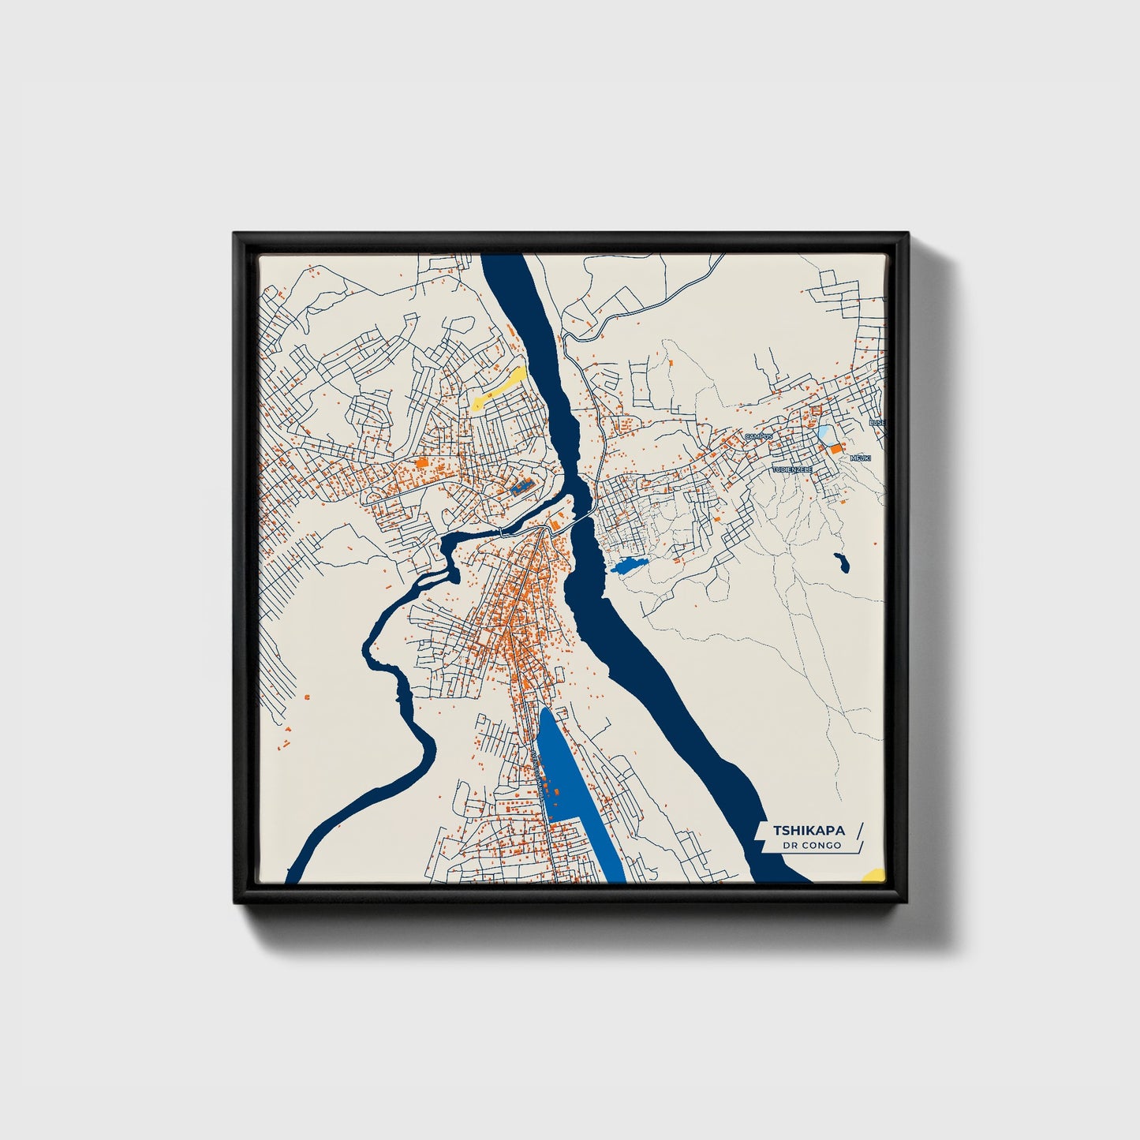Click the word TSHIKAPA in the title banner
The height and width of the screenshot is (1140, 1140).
tap(809, 830)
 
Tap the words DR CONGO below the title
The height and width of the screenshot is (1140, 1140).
tap(812, 846)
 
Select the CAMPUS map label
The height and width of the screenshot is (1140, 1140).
tap(760, 435)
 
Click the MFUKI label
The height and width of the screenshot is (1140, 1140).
tap(859, 458)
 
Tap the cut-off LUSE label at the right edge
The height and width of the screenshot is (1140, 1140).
tap(876, 423)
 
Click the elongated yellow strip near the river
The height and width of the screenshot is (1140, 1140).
tap(499, 387)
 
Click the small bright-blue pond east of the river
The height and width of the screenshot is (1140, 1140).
tap(629, 565)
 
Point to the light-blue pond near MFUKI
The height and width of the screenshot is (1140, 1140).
tap(824, 432)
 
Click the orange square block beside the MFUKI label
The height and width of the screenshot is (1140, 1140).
tap(835, 448)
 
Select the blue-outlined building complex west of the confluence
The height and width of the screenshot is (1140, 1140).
tap(521, 487)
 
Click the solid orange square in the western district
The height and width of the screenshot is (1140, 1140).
tap(421, 463)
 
